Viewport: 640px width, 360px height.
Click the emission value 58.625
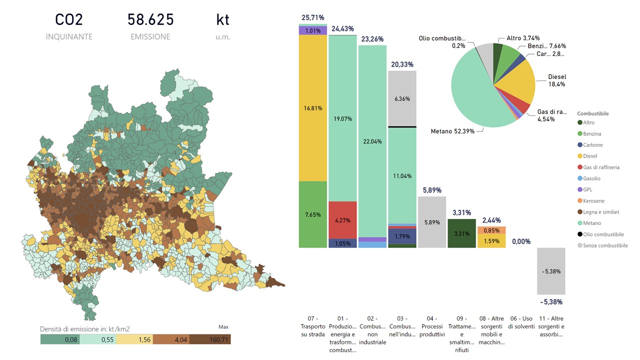[150, 20]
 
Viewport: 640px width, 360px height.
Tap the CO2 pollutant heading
[69, 20]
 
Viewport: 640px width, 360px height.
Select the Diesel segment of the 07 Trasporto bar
[312, 108]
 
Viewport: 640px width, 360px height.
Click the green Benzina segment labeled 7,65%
[312, 214]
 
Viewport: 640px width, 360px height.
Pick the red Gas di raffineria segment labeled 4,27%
[342, 220]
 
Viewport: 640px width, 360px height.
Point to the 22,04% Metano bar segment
[372, 141]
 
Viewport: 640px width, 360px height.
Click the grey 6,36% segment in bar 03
[402, 98]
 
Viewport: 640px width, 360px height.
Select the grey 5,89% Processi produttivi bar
[432, 222]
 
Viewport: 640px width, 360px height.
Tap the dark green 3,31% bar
[462, 233]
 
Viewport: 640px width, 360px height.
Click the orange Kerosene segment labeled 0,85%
[491, 230]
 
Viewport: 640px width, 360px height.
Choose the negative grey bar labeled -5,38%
[551, 271]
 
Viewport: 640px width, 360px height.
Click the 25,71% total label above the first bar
[312, 18]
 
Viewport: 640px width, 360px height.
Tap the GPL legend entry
[588, 189]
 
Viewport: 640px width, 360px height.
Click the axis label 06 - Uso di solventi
[521, 322]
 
